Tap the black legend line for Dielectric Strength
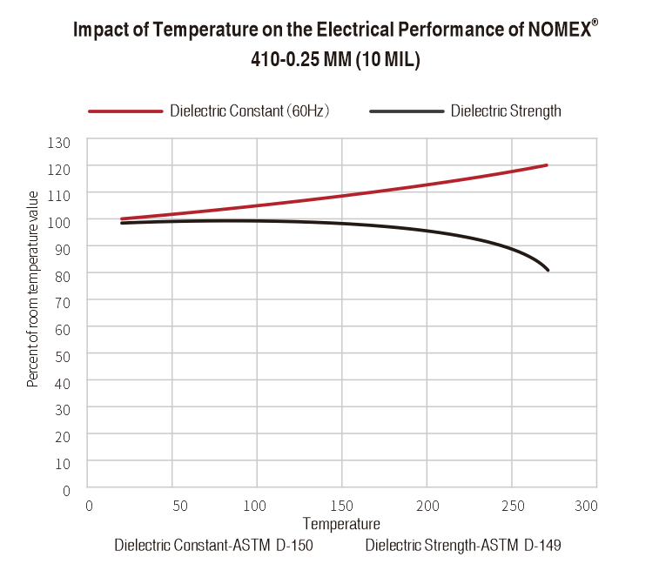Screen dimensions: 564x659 click(406, 111)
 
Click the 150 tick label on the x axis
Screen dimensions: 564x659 click(342, 506)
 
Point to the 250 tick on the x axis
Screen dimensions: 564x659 click(512, 506)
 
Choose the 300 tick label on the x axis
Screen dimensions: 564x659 click(587, 506)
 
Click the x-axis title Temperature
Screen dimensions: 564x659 click(341, 524)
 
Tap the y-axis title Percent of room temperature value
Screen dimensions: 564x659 click(33, 288)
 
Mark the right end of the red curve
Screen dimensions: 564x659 click(546, 165)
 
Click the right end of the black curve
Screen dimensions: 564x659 click(548, 270)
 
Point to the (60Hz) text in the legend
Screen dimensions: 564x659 click(310, 111)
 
